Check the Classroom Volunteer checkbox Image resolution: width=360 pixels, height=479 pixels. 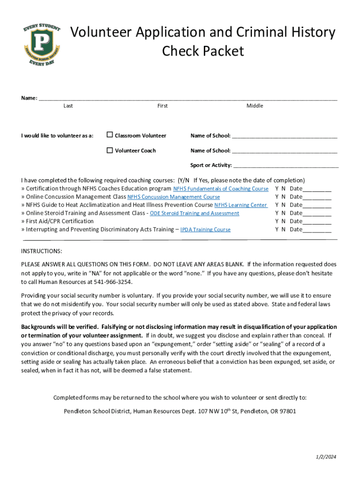click(x=110, y=135)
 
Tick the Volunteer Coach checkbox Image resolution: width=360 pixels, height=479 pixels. click(x=110, y=150)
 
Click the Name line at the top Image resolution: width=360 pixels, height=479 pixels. click(x=187, y=98)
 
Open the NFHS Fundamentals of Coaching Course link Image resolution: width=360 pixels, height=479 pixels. click(x=221, y=189)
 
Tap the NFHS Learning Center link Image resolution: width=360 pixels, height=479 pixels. click(x=241, y=205)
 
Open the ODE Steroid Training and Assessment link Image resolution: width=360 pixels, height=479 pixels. click(x=194, y=213)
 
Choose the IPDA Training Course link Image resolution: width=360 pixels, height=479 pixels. click(x=205, y=230)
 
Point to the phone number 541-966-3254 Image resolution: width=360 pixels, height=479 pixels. click(x=115, y=282)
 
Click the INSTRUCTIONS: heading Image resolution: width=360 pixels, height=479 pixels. click(x=41, y=251)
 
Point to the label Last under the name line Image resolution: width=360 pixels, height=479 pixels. click(x=68, y=106)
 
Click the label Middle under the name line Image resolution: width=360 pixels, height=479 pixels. click(x=255, y=106)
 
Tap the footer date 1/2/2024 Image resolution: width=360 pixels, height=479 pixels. click(x=325, y=457)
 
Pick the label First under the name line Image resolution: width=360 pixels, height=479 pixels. click(x=162, y=106)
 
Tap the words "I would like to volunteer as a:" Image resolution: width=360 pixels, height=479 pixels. click(x=57, y=136)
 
